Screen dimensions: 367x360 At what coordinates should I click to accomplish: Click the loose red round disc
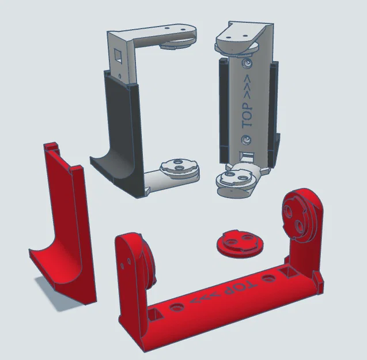pos(240,244)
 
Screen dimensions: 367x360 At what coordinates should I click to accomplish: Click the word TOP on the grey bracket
pos(247,116)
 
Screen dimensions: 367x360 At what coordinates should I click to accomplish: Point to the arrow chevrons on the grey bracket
pos(247,86)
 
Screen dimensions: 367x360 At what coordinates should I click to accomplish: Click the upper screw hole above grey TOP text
pos(247,63)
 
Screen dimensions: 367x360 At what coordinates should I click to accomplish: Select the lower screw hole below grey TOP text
pos(246,140)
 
